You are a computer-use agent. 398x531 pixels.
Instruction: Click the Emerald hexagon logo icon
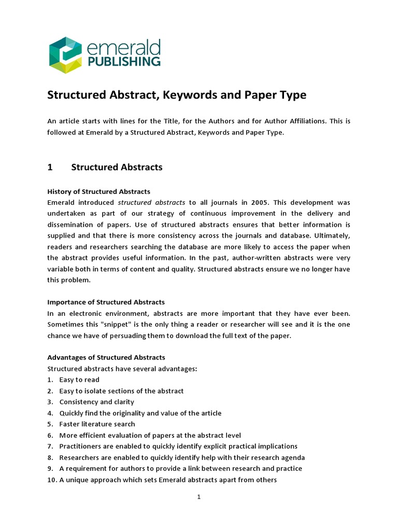coord(66,55)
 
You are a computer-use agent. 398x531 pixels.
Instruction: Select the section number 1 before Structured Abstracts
coord(50,167)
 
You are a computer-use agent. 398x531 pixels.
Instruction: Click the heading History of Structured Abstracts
coord(98,191)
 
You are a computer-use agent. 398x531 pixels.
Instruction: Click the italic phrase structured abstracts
coord(151,202)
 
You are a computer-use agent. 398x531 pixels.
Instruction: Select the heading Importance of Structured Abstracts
coord(106,302)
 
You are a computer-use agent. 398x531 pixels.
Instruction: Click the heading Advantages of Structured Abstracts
coord(106,357)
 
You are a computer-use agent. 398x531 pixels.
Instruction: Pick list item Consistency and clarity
coord(96,402)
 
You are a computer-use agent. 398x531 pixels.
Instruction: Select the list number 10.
coord(51,480)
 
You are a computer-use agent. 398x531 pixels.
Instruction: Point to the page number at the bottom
coord(198,497)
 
